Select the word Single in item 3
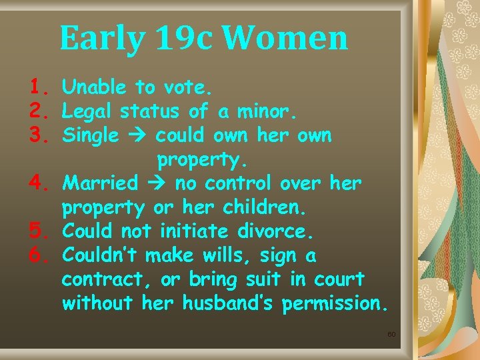pyautogui.click(x=91, y=135)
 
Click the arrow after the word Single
pyautogui.click(x=137, y=136)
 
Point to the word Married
pyautogui.click(x=100, y=183)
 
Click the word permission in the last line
pyautogui.click(x=333, y=304)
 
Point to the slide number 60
pyautogui.click(x=391, y=334)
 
